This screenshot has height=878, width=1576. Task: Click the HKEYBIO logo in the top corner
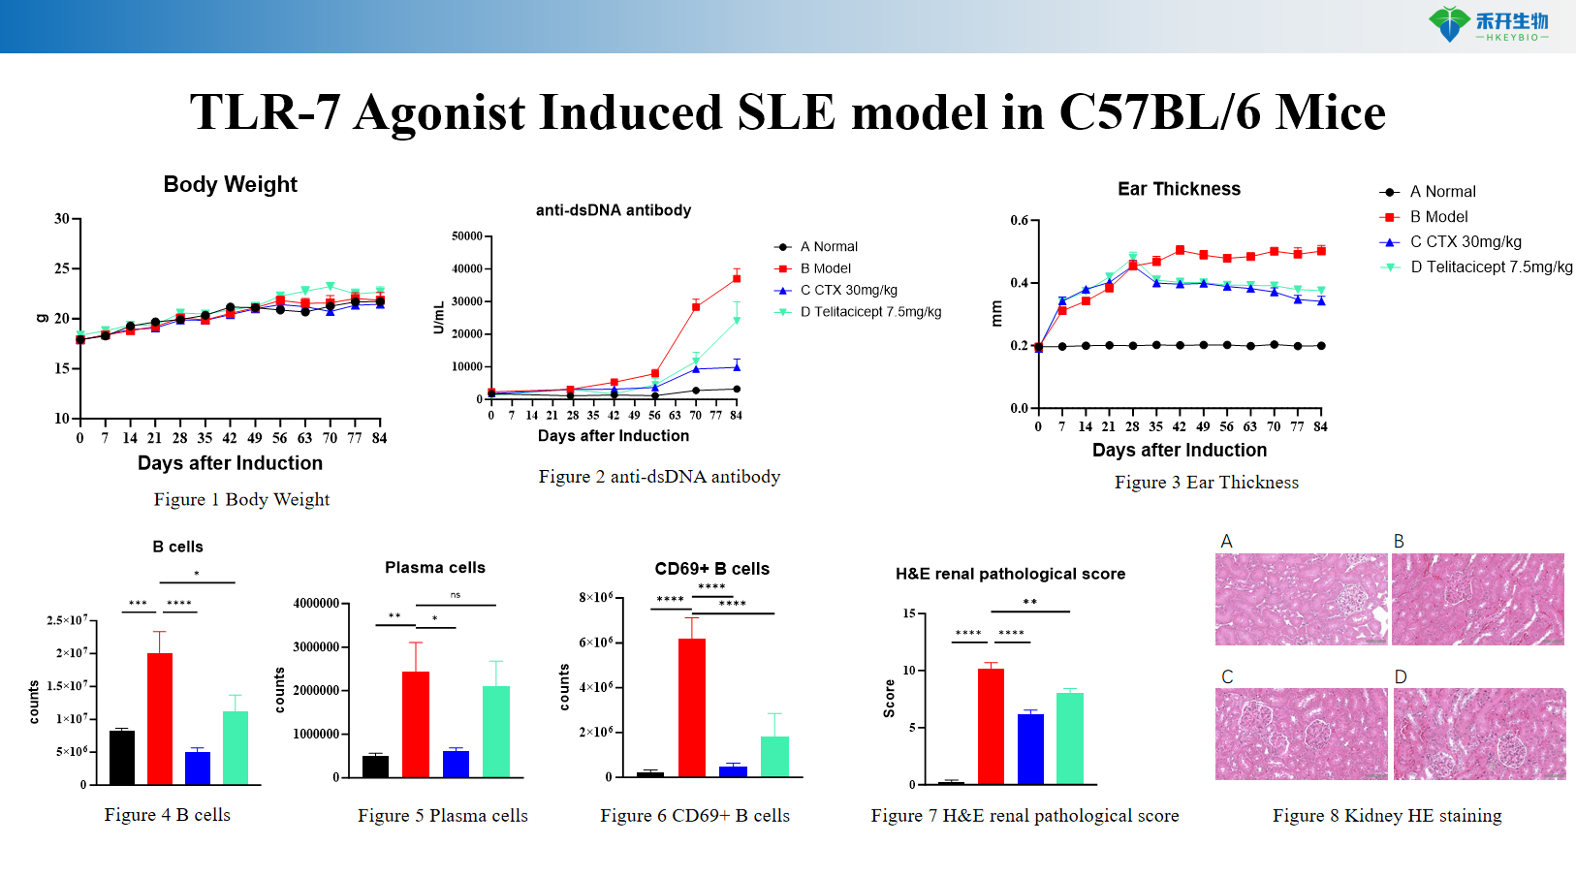[x=1488, y=24]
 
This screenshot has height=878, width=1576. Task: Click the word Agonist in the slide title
[x=439, y=114]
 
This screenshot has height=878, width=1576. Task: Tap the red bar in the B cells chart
[x=160, y=717]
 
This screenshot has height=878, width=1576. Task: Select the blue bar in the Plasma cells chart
[x=456, y=764]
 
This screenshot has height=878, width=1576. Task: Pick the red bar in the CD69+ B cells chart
[x=692, y=706]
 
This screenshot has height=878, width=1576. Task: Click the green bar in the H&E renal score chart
[x=1069, y=737]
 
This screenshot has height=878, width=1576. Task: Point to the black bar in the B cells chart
[x=122, y=757]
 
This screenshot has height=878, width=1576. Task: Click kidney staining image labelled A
[x=1301, y=599]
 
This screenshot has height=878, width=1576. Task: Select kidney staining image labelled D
[x=1479, y=734]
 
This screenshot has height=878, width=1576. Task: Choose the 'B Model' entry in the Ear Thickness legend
[x=1438, y=217]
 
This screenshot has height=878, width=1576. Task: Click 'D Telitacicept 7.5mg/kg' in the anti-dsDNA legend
[x=869, y=312]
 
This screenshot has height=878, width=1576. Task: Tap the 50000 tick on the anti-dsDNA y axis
[x=467, y=236]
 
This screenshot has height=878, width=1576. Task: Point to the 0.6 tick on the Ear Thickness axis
[x=1020, y=221]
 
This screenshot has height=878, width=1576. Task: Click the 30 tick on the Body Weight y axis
[x=62, y=219]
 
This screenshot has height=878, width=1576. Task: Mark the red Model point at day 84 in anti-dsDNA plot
[x=737, y=278]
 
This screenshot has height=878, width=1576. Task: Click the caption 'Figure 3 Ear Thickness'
[x=1206, y=483]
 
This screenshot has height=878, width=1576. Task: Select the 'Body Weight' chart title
[x=230, y=185]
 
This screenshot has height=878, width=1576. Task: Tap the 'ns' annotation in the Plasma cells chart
[x=456, y=595]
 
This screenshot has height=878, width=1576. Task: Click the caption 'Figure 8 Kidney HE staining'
[x=1387, y=816]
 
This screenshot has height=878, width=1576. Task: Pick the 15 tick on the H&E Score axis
[x=909, y=613]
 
